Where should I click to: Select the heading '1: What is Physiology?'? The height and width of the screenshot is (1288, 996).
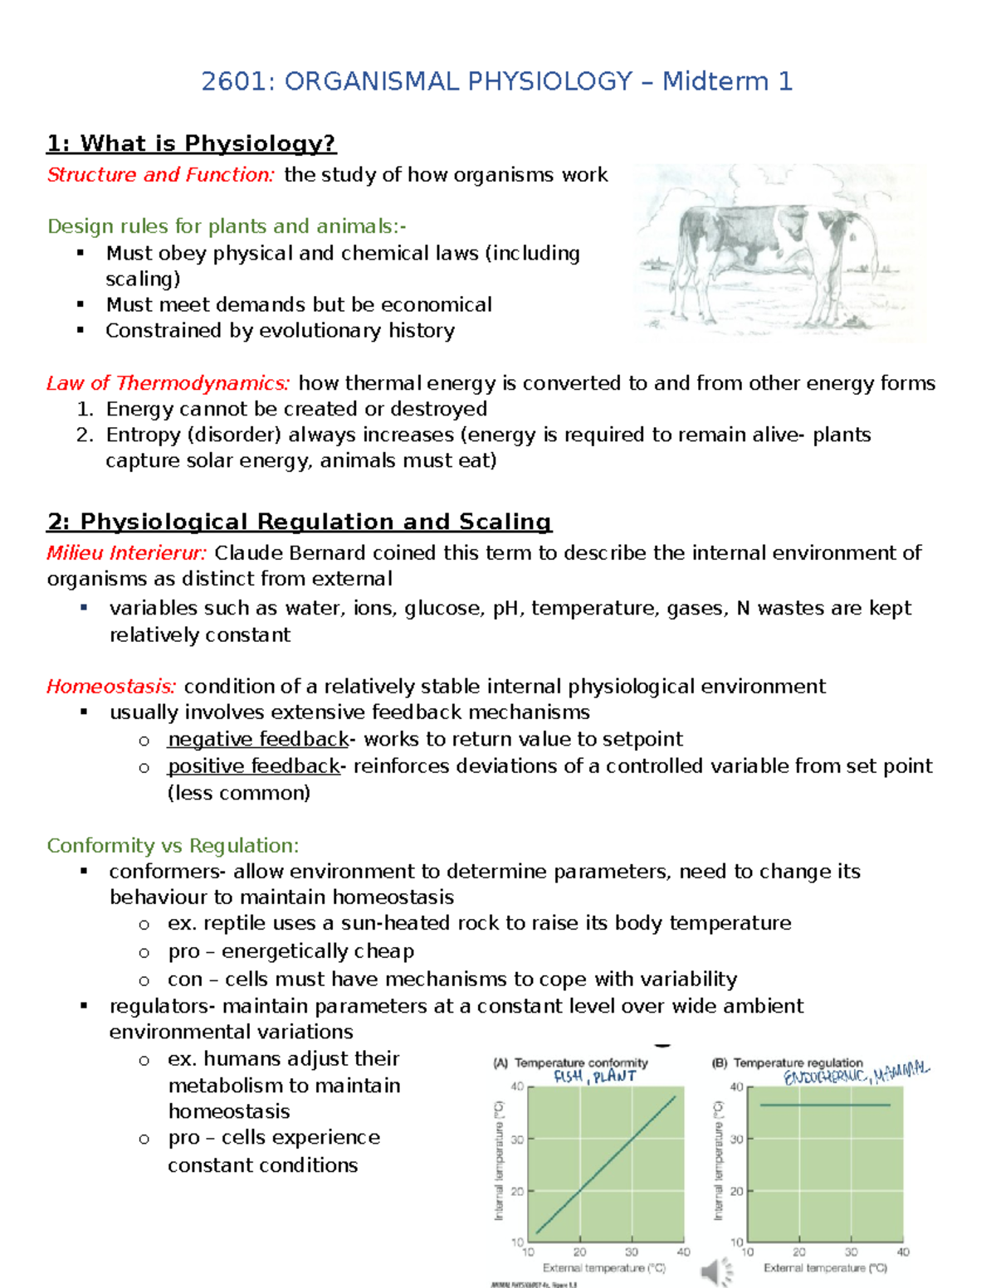tap(191, 143)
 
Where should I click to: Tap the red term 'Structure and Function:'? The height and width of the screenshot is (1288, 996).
tap(160, 175)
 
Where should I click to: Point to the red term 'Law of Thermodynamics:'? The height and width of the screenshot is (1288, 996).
tap(168, 383)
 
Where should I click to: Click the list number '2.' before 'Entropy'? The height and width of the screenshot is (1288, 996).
tap(85, 435)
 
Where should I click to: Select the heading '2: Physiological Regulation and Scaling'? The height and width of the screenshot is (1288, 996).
tap(299, 522)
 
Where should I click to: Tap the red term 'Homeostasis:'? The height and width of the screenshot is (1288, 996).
tap(111, 687)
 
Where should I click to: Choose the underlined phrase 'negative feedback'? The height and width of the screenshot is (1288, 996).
tap(257, 739)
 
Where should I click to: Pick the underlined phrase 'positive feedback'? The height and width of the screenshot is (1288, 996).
tap(253, 766)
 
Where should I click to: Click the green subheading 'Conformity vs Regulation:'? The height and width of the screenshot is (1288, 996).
tap(173, 845)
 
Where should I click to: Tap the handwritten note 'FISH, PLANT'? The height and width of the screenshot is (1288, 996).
tap(594, 1077)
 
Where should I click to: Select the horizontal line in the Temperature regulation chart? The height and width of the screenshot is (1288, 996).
tap(825, 1105)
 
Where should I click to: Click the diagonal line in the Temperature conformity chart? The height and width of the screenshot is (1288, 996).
tap(606, 1164)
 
